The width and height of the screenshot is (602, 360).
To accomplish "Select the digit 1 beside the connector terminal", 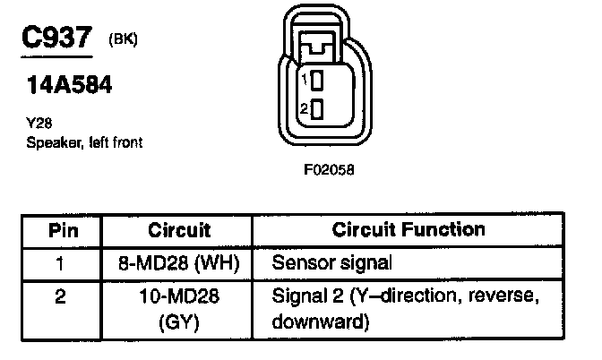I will click(304, 81).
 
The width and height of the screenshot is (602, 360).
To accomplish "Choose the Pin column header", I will click(64, 229).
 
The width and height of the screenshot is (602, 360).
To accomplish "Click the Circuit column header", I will click(178, 229).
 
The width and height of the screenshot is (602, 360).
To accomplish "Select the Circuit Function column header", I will click(408, 229).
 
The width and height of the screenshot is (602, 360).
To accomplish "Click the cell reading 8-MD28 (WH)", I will click(178, 263).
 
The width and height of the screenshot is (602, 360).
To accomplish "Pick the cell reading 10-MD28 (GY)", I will click(178, 306).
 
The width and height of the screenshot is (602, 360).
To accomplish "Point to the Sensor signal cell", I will click(331, 263).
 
